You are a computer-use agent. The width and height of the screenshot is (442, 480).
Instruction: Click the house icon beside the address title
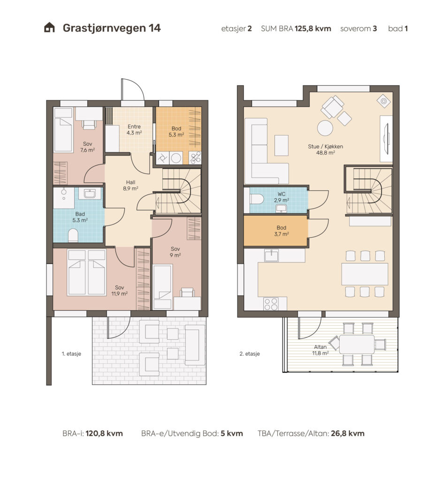click(49, 28)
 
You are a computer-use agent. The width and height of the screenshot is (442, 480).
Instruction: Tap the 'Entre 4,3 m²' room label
click(134, 129)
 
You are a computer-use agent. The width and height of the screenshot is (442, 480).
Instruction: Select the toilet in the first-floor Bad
click(73, 235)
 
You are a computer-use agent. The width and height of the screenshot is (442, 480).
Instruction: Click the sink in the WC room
click(282, 209)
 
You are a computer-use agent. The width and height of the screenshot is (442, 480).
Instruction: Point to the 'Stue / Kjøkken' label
click(325, 146)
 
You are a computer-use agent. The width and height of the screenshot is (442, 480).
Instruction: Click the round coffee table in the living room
click(325, 128)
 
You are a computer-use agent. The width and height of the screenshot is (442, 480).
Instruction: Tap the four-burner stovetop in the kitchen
click(271, 304)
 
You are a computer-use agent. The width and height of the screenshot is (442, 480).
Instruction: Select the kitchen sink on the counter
click(271, 255)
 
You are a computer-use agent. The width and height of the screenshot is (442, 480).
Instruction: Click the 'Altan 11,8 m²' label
click(320, 350)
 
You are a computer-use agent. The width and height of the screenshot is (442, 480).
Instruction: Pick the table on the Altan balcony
click(357, 344)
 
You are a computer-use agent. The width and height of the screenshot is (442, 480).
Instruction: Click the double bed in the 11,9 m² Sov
click(87, 272)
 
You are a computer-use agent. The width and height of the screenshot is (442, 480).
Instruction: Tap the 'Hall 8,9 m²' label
click(130, 185)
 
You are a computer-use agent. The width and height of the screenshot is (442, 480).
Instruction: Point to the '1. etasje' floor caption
click(71, 353)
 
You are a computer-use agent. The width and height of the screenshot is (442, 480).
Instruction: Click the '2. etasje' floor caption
click(250, 353)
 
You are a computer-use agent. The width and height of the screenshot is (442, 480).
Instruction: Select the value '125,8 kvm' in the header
click(312, 29)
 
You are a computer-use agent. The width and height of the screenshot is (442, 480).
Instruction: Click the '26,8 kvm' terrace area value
click(348, 434)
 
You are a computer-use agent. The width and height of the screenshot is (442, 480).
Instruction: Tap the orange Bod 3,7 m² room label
click(282, 231)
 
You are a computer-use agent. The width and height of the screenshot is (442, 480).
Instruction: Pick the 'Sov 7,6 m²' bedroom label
click(87, 147)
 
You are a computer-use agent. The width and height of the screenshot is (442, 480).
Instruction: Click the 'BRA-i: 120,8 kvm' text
click(92, 434)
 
